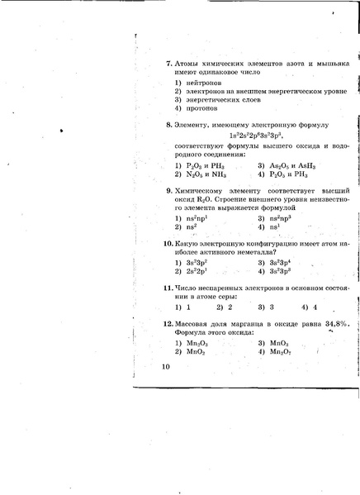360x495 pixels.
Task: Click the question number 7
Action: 168,63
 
